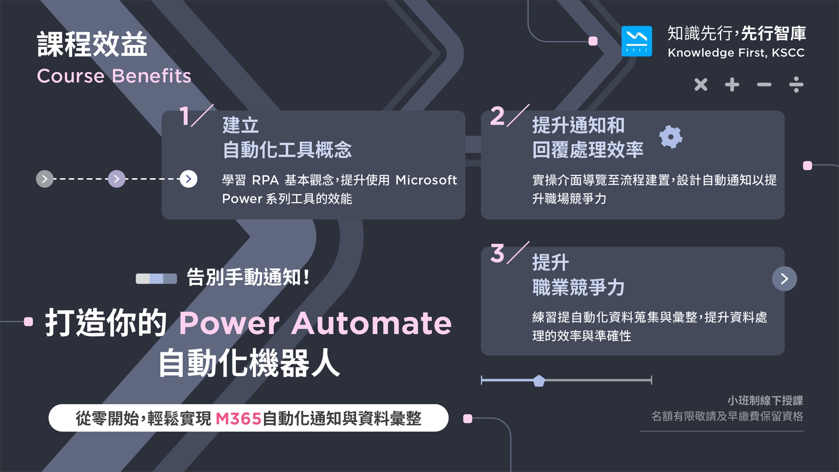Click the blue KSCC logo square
coord(636,41)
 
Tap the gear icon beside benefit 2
coord(670,137)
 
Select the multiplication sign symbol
coord(701,84)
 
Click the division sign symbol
coord(796,84)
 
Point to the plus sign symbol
coord(732,84)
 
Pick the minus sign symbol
coord(764,85)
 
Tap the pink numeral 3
coord(497,253)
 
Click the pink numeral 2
coord(497,116)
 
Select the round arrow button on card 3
coord(784,279)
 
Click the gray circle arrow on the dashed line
coord(44,179)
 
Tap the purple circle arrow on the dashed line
coord(117,179)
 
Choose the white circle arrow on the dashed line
coord(188,179)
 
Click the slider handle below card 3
coord(539,381)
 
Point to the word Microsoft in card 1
coord(426,180)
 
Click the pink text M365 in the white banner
coord(238,418)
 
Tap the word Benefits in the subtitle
coord(151,76)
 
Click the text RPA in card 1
coord(265,180)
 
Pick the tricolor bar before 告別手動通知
coord(156,279)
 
